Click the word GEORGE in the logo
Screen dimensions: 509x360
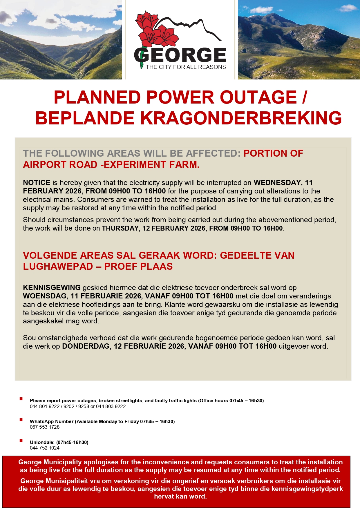point(180,55)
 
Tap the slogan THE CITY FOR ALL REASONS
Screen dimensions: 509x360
point(186,67)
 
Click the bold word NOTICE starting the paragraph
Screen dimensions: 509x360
point(37,183)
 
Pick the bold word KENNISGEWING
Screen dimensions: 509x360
point(52,288)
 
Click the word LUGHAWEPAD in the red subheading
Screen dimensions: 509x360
point(58,267)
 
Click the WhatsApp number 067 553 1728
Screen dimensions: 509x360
point(45,427)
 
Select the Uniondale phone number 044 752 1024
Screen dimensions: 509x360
point(45,448)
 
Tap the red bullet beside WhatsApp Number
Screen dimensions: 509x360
point(21,420)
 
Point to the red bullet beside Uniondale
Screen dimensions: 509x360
point(21,441)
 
